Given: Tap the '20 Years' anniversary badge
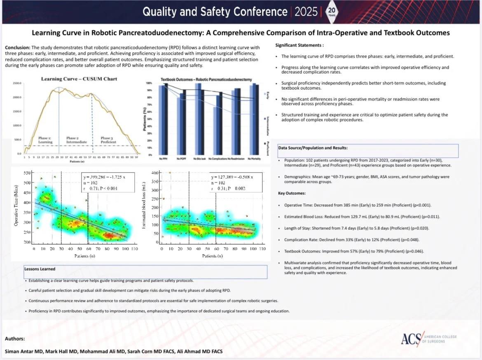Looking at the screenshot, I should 332,11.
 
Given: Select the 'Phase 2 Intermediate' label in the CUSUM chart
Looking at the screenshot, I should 76,140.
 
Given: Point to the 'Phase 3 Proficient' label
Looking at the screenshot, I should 109,140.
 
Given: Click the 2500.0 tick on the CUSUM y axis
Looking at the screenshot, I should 17,83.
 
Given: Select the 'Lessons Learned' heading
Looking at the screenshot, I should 40,269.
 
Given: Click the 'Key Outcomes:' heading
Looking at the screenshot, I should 292,193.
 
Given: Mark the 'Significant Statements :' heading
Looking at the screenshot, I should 299,45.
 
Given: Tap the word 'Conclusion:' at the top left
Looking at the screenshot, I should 17,48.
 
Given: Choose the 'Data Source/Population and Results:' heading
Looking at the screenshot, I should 312,147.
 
